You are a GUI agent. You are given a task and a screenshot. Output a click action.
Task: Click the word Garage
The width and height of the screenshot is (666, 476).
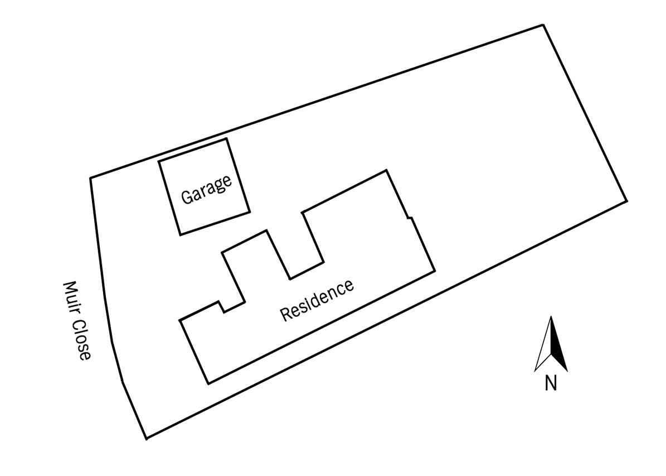[x=206, y=189]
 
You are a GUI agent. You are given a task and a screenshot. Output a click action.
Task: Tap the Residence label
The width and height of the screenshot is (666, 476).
[x=317, y=300]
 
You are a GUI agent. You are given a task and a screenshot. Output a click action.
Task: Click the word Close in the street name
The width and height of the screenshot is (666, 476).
[x=81, y=340]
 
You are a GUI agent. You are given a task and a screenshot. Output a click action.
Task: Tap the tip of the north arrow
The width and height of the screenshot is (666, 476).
[x=551, y=316]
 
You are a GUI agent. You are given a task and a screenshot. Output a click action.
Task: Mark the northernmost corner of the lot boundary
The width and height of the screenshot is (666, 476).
[x=543, y=25]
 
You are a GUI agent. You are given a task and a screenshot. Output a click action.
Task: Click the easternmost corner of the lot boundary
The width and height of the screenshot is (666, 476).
[x=627, y=201]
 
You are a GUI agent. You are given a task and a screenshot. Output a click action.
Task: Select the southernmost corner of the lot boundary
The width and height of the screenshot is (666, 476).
[x=147, y=439]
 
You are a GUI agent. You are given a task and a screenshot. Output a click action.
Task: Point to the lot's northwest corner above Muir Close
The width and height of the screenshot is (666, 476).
[x=90, y=178]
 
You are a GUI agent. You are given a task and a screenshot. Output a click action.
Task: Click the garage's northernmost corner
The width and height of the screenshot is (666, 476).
[x=226, y=138]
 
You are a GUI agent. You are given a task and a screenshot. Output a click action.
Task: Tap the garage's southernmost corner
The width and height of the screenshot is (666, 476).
[x=181, y=235]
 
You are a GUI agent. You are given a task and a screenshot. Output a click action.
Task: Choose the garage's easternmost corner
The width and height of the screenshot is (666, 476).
[x=250, y=211]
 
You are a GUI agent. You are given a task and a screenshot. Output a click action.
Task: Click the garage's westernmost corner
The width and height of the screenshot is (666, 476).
[x=158, y=161]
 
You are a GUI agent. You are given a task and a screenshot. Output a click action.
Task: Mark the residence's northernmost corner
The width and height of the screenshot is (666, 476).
[x=386, y=170]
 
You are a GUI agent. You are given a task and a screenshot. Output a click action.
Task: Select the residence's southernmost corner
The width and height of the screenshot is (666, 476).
[x=208, y=384]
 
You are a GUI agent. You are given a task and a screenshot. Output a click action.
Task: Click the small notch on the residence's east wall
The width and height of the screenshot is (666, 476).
[x=410, y=218]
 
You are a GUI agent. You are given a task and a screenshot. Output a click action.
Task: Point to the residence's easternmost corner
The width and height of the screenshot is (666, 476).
[x=435, y=271]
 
